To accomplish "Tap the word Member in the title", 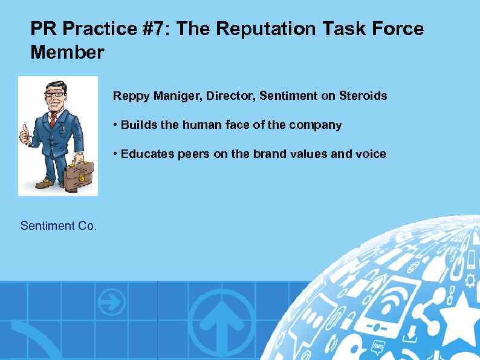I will click(x=67, y=53).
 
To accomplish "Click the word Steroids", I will click(x=363, y=96).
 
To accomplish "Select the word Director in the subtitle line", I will click(x=236, y=96).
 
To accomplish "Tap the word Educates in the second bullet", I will click(x=148, y=154).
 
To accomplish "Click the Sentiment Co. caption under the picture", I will click(x=58, y=226).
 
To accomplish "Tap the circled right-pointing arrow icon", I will click(x=112, y=301).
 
